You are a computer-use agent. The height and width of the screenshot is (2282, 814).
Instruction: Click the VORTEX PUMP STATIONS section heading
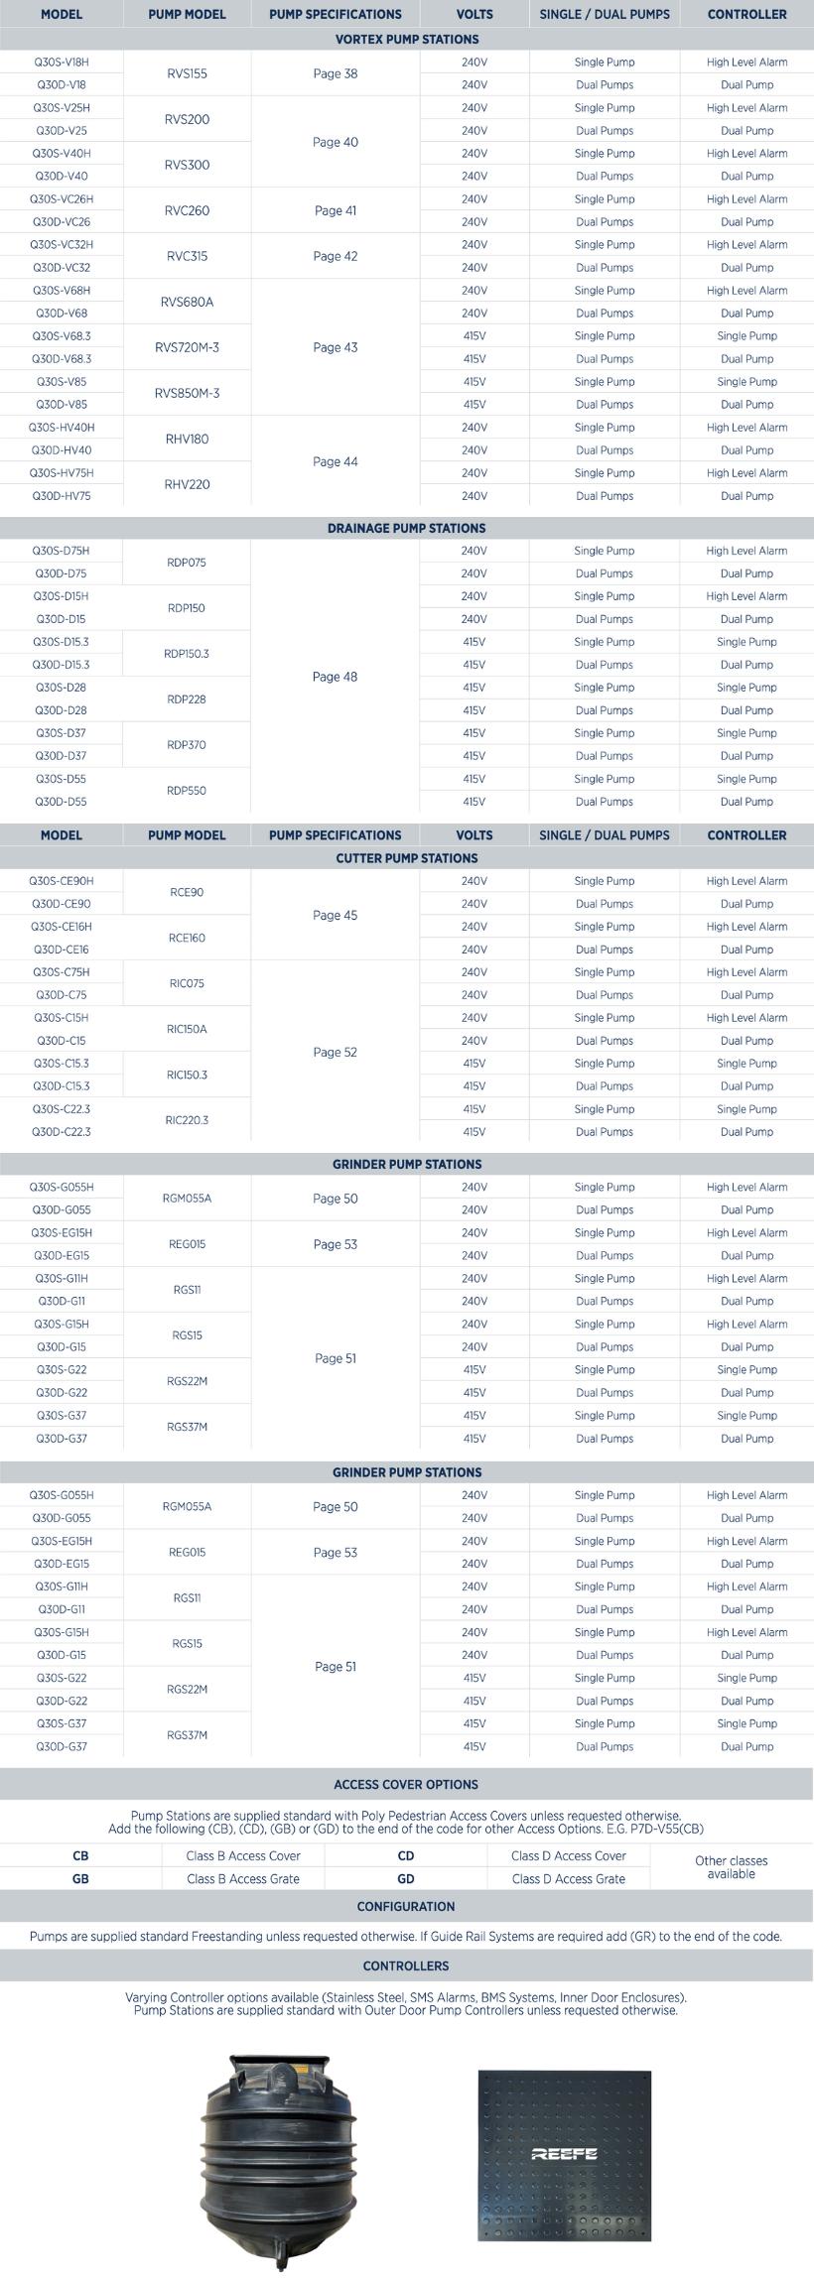pyautogui.click(x=407, y=40)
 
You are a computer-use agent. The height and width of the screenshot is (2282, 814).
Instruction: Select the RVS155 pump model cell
pyautogui.click(x=187, y=73)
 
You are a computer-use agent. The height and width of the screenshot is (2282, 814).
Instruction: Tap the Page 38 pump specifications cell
pyautogui.click(x=335, y=73)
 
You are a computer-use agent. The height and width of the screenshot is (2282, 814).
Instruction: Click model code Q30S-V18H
pyautogui.click(x=62, y=63)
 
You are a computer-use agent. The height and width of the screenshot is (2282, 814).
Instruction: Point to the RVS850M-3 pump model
pyautogui.click(x=187, y=393)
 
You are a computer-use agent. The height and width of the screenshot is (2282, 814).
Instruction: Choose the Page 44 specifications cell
pyautogui.click(x=335, y=461)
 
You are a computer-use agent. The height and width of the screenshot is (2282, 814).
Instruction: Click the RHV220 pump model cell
pyautogui.click(x=187, y=484)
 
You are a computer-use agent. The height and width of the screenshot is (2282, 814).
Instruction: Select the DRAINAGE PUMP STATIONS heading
pyautogui.click(x=407, y=528)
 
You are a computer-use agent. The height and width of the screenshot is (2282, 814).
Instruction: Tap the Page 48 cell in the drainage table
pyautogui.click(x=335, y=677)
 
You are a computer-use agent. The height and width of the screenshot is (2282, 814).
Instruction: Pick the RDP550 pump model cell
pyautogui.click(x=187, y=791)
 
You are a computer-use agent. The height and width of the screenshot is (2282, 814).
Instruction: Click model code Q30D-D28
pyautogui.click(x=62, y=710)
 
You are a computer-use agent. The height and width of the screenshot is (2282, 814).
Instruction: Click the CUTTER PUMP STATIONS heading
pyautogui.click(x=407, y=858)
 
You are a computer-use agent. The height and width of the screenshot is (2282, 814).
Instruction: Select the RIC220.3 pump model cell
pyautogui.click(x=187, y=1120)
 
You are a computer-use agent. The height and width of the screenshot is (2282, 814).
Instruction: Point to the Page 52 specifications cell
pyautogui.click(x=335, y=1053)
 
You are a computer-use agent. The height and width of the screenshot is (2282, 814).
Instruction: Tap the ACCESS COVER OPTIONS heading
pyautogui.click(x=407, y=1784)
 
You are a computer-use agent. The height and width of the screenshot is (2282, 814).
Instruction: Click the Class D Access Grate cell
pyautogui.click(x=569, y=1878)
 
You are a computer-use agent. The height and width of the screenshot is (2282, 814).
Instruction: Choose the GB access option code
pyautogui.click(x=80, y=1878)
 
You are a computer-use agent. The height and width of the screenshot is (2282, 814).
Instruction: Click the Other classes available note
pyautogui.click(x=732, y=1867)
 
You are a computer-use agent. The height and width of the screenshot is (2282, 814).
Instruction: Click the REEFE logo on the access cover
pyautogui.click(x=564, y=2154)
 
